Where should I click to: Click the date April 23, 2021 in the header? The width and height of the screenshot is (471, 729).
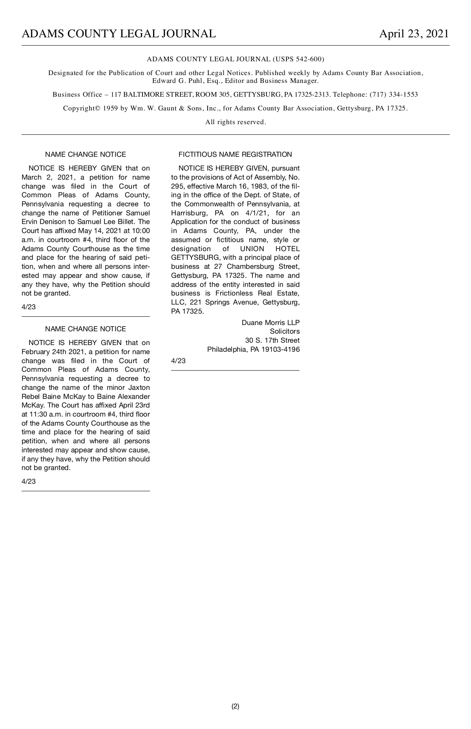tap(414, 34)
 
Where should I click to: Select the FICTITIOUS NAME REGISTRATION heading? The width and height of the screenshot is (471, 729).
tap(235, 154)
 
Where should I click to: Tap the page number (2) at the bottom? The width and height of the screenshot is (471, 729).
tap(235, 706)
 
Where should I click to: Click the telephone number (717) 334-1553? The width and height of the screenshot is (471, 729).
tap(394, 94)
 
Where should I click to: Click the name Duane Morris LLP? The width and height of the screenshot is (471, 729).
tap(270, 323)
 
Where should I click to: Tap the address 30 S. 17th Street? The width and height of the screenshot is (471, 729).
tap(272, 340)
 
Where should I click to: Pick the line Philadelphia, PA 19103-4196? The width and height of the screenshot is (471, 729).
tap(253, 349)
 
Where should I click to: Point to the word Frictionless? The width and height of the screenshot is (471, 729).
tap(234, 293)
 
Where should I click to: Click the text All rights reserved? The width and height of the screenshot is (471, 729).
tap(235, 122)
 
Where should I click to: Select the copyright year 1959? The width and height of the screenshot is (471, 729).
tap(110, 108)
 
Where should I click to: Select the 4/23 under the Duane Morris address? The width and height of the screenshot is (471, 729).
tap(178, 361)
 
